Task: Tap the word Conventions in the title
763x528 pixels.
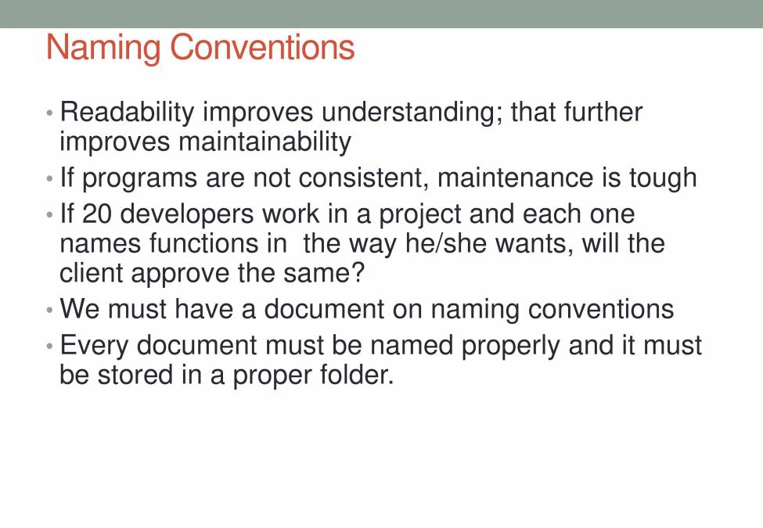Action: (x=262, y=47)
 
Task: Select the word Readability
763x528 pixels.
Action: (x=127, y=113)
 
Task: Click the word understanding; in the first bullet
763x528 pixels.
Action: (x=412, y=113)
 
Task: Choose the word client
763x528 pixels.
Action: (x=91, y=273)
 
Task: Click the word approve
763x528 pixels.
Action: (x=180, y=275)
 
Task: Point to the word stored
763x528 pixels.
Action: (x=132, y=375)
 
